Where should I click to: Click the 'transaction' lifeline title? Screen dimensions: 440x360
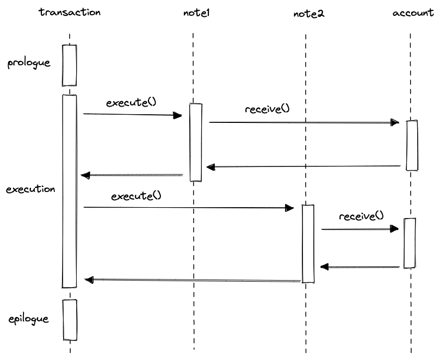coord(70,13)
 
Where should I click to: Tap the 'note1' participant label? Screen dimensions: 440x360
coord(196,13)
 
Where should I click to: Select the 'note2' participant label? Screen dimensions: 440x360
coord(309,14)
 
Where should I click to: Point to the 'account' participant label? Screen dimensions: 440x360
coord(413,13)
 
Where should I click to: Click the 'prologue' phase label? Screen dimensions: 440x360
coord(29,63)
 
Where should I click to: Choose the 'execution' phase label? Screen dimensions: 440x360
coord(30,189)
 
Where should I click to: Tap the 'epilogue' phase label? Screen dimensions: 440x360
coord(29,319)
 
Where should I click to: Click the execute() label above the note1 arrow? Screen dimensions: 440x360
coord(131,102)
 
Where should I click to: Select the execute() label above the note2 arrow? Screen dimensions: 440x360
coord(137,196)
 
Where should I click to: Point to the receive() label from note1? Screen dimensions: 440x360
coord(268,109)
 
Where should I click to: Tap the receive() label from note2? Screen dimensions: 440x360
coord(362,216)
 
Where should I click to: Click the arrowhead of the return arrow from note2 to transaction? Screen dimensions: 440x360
coord(89,280)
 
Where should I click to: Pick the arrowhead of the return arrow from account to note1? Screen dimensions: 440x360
coord(210,167)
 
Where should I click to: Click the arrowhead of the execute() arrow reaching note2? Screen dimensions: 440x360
coord(289,208)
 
